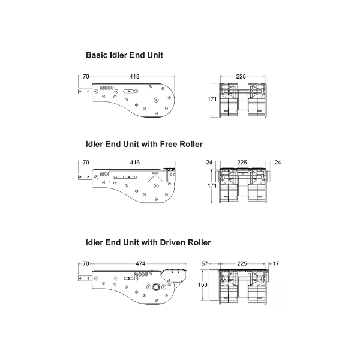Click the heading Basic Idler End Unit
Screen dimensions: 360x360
click(x=124, y=55)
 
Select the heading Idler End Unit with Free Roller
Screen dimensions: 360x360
click(x=144, y=144)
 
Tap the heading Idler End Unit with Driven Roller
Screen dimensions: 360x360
click(x=148, y=242)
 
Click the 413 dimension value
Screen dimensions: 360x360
click(x=134, y=76)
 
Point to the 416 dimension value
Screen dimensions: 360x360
click(x=135, y=163)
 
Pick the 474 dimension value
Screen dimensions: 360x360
click(x=140, y=263)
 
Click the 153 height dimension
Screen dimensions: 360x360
click(x=203, y=284)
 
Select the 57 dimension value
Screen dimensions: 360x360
click(x=205, y=263)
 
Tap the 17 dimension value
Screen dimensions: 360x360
click(x=276, y=263)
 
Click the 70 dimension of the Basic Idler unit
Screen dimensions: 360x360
click(x=86, y=76)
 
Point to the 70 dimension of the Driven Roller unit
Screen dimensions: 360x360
click(x=86, y=263)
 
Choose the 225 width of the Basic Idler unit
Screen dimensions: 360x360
click(x=241, y=76)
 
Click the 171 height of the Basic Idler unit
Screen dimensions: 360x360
click(x=212, y=99)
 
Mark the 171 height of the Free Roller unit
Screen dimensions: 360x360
click(x=212, y=185)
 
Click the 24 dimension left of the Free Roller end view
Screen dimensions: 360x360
click(x=209, y=163)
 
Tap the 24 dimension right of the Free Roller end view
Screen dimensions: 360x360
click(x=278, y=163)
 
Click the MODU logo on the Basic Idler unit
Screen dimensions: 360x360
click(x=107, y=88)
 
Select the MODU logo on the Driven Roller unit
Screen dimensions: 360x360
click(x=141, y=274)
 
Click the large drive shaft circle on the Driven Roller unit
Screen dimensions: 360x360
click(x=157, y=287)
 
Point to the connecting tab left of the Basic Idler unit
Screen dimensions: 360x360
click(x=85, y=91)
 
